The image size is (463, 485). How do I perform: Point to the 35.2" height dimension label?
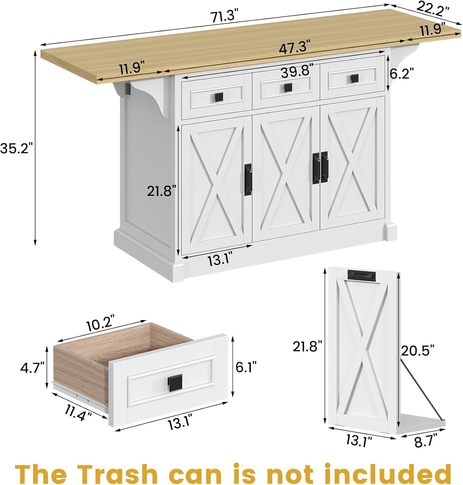click(x=16, y=148)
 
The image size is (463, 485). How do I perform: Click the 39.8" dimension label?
click(x=297, y=71)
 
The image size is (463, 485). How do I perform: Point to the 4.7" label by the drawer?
click(x=32, y=368)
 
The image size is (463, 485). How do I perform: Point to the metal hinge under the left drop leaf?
click(x=128, y=89)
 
